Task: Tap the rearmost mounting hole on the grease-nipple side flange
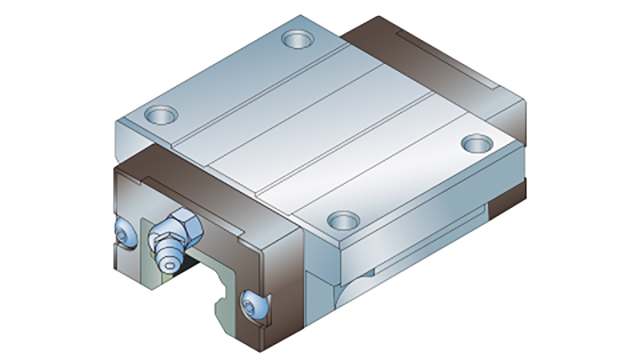297,40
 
